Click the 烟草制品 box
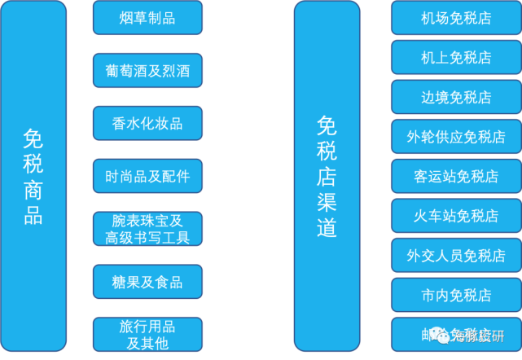point(147,18)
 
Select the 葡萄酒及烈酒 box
point(147,71)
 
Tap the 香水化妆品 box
point(147,124)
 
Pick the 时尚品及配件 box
point(147,176)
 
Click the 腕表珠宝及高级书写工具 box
point(147,229)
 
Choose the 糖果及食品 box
point(147,282)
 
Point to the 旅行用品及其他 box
point(147,335)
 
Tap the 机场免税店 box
point(455,18)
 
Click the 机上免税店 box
point(455,57)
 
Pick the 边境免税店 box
point(455,97)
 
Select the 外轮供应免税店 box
point(455,136)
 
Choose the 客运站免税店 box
point(455,176)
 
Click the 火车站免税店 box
point(455,216)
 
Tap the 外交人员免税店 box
point(455,255)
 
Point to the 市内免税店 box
point(455,295)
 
